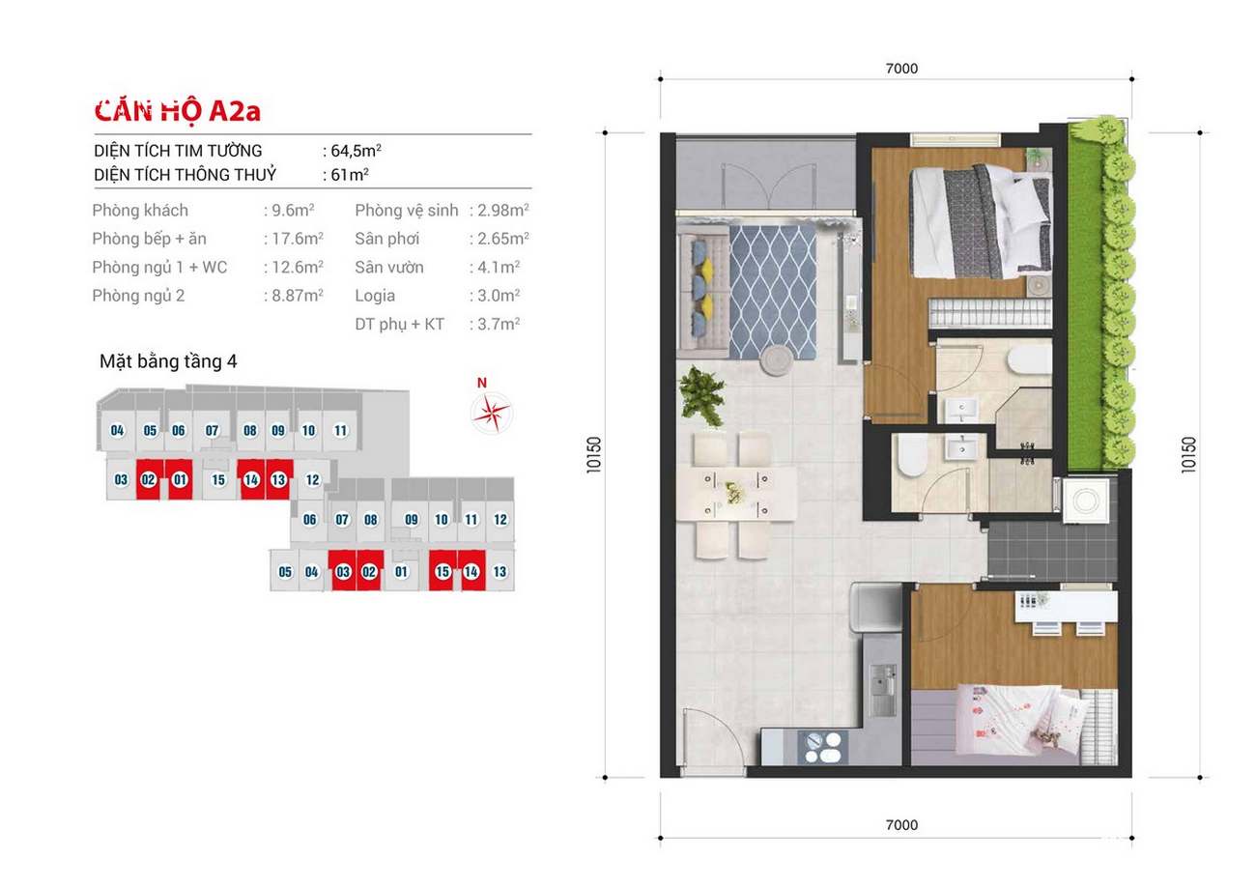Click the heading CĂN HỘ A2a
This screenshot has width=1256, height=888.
click(177, 111)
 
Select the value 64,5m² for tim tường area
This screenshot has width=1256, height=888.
click(357, 150)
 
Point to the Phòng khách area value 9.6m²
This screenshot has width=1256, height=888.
click(293, 211)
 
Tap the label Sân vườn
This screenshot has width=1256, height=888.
click(389, 268)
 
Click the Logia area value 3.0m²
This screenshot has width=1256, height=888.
click(499, 296)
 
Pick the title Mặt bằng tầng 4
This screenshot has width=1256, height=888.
click(168, 361)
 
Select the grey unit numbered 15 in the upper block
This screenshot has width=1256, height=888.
click(218, 480)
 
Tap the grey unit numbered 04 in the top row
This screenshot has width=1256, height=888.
click(117, 431)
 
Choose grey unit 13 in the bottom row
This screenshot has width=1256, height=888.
click(500, 571)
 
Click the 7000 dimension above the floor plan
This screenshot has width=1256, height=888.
click(901, 69)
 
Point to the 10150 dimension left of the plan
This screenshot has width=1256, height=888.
click(594, 455)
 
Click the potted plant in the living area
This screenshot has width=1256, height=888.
click(700, 396)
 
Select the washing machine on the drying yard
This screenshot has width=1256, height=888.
click(1086, 501)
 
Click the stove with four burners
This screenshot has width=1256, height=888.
click(822, 748)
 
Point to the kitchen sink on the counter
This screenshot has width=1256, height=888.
click(882, 690)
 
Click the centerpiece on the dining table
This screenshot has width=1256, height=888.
click(733, 492)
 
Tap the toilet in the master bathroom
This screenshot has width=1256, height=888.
click(1029, 359)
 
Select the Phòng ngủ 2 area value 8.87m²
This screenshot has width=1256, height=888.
click(298, 296)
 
